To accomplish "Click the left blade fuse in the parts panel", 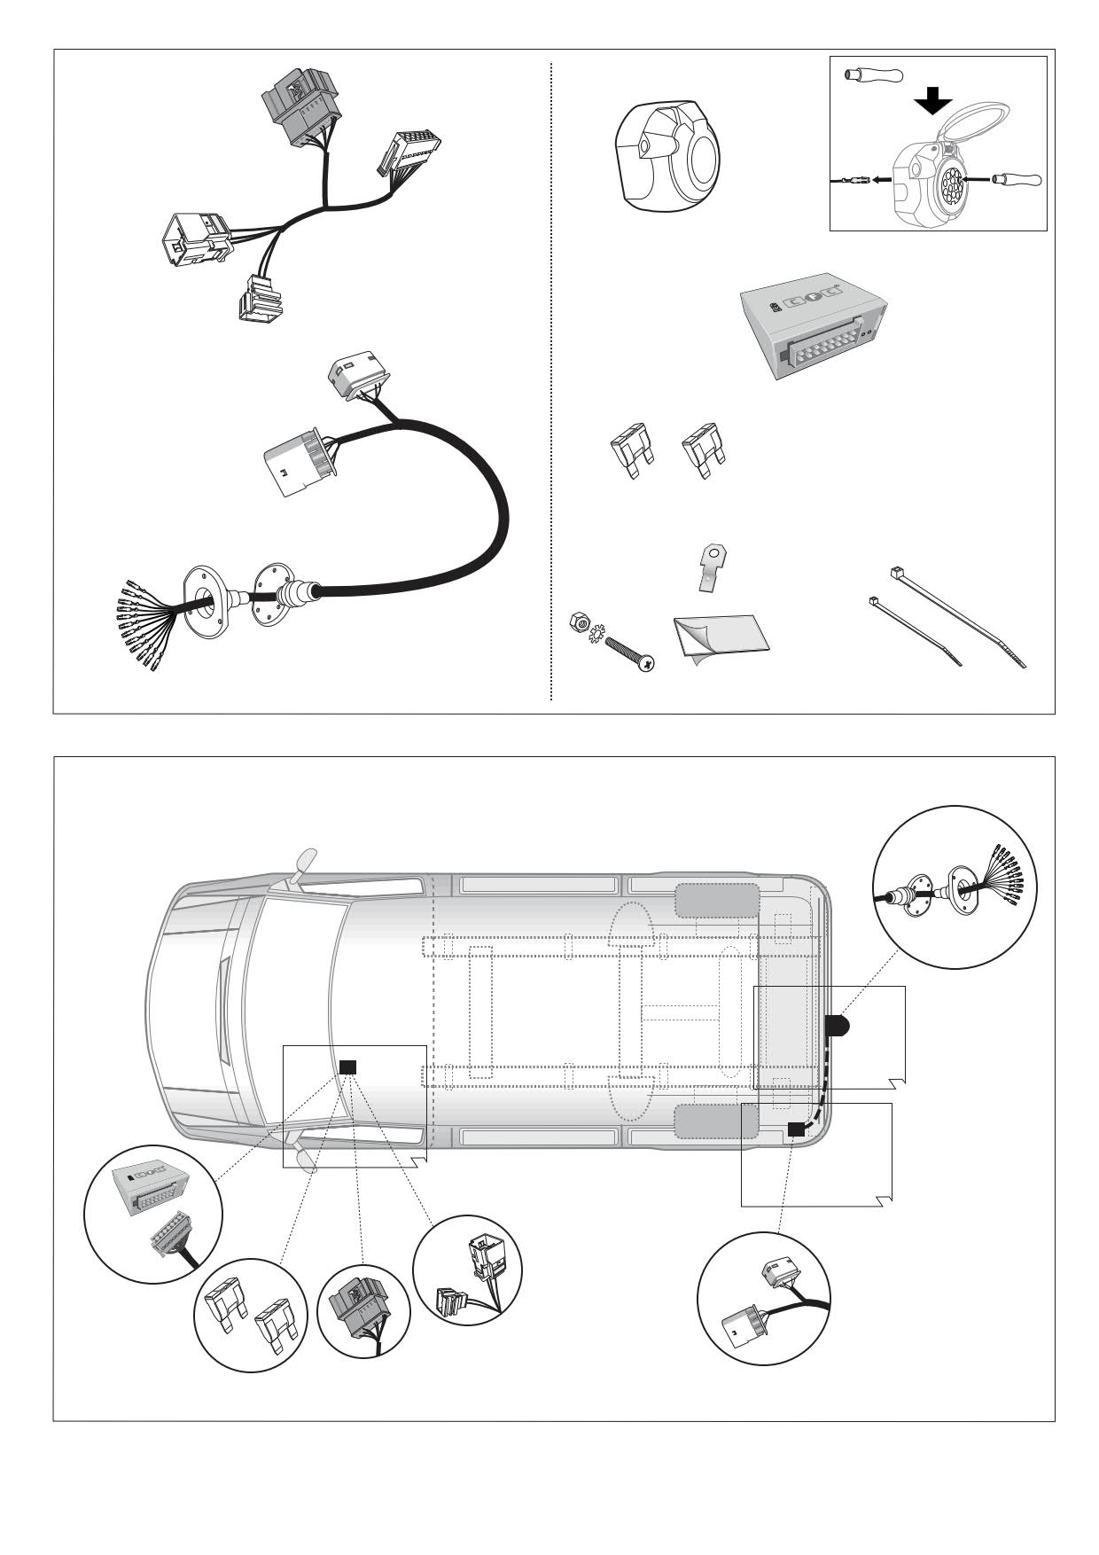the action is (x=632, y=450).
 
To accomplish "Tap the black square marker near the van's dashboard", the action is (x=348, y=1067).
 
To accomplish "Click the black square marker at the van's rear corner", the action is (x=796, y=1129).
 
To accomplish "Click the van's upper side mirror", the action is (x=303, y=862).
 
